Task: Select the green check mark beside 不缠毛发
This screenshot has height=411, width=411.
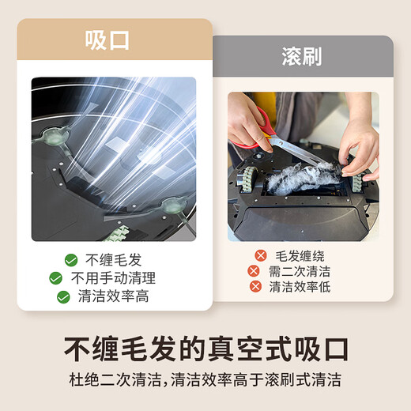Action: pos(71,260)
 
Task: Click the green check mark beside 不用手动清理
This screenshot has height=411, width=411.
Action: pos(55,278)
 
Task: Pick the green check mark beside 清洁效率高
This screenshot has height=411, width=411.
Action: pos(63,297)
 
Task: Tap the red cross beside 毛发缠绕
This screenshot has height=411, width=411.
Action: pos(259,256)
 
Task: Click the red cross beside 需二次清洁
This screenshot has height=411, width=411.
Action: pos(253,271)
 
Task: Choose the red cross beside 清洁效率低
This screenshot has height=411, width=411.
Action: pos(253,287)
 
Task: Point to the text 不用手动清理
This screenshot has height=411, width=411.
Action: pos(113,278)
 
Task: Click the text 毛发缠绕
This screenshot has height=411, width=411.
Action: pos(300,256)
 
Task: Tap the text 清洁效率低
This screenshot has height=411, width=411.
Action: pos(300,287)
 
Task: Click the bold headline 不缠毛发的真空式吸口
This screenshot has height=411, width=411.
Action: pos(205,349)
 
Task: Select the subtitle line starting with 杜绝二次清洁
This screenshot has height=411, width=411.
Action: pos(205,380)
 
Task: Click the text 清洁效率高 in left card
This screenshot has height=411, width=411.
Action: pos(113,297)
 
